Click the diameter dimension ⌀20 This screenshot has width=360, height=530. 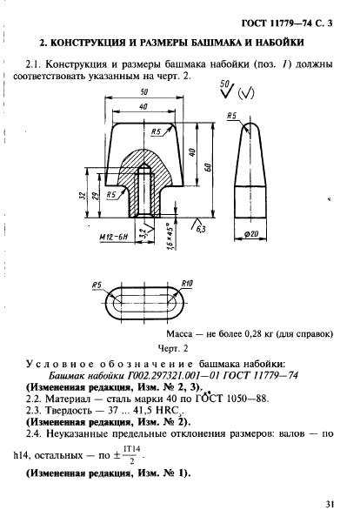253,235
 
